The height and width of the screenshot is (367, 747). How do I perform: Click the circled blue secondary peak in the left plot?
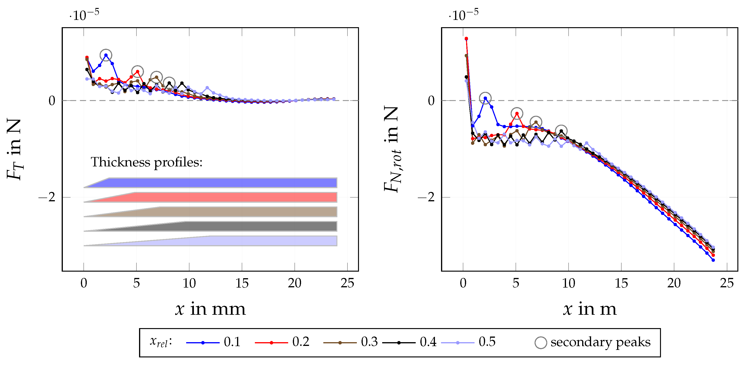(106, 55)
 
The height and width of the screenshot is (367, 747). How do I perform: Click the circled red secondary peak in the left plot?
(137, 72)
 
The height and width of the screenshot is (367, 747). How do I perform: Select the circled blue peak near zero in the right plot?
(485, 98)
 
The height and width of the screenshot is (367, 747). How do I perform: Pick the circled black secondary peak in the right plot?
(561, 131)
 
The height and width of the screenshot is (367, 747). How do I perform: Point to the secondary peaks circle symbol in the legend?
(540, 343)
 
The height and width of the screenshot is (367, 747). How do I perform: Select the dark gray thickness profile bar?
(232, 226)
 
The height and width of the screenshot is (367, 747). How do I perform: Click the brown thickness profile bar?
(232, 212)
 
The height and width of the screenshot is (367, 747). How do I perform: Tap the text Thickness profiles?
(147, 162)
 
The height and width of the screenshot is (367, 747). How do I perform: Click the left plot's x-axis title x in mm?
(210, 309)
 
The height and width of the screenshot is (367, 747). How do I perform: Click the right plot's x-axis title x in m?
(589, 309)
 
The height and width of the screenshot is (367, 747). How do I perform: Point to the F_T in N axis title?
(14, 149)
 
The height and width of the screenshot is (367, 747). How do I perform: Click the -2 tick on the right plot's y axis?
(426, 197)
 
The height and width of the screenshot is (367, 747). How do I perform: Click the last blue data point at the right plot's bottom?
(713, 260)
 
